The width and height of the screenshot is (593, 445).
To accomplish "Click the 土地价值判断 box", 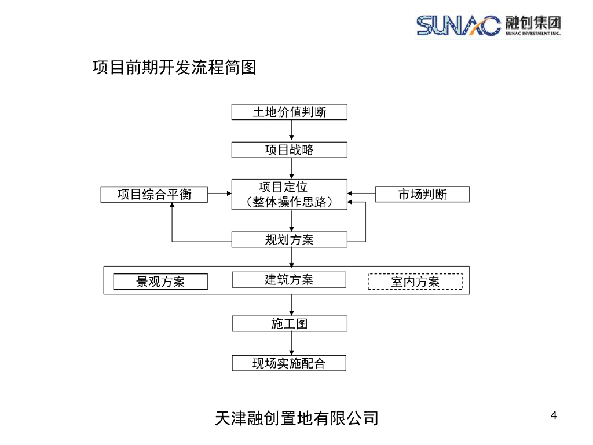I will click(289, 112).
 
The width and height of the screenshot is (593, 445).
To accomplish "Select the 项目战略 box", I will click(289, 150).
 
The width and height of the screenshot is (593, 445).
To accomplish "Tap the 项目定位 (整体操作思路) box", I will click(289, 195).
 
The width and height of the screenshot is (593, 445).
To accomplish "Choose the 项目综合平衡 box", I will click(154, 195).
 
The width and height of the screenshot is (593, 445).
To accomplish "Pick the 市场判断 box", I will click(422, 195).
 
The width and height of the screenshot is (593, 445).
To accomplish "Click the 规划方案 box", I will click(289, 239).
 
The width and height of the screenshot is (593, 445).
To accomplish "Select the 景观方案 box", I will click(160, 282).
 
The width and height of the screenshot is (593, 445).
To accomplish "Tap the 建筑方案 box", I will click(289, 280).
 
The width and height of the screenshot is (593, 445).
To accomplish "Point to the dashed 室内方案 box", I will click(415, 282).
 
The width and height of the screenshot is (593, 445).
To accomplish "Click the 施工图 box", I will click(289, 323).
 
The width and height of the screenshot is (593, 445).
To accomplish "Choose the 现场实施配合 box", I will click(289, 363).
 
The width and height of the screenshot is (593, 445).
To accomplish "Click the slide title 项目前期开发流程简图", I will click(174, 68).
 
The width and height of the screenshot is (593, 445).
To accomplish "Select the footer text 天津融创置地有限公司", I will click(296, 418).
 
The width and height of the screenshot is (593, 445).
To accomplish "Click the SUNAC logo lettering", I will click(458, 24).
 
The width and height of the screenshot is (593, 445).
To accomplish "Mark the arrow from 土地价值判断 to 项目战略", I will click(291, 131).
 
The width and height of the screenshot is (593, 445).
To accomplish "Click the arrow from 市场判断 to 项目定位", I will click(361, 194).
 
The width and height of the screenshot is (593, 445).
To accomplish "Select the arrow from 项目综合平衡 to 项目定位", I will click(219, 194).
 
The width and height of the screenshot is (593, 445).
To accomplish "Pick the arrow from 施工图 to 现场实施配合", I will click(291, 344).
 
